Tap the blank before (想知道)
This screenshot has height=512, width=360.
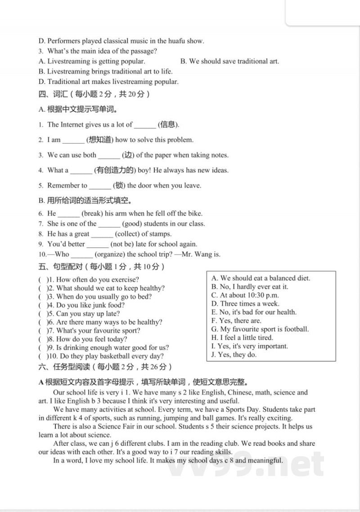tap(73, 140)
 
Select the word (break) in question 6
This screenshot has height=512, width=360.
tap(92, 213)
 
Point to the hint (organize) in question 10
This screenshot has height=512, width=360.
tap(110, 254)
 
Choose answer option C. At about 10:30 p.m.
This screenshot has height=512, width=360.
tap(245, 295)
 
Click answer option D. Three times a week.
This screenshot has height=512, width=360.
tap(245, 304)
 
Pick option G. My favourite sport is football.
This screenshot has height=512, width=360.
tap(260, 329)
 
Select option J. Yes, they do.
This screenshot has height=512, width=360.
tap(234, 355)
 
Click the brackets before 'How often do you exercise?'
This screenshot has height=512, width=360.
tap(44, 280)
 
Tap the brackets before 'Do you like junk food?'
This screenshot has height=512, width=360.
tap(44, 305)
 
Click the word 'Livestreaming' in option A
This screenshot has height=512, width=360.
tap(68, 61)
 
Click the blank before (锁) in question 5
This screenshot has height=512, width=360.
tap(100, 186)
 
